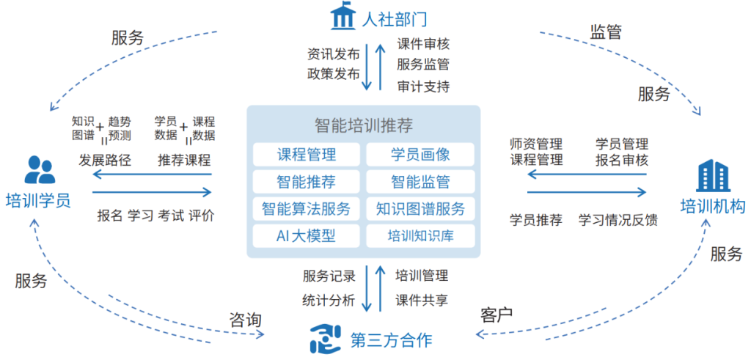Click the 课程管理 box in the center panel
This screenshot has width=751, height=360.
(307, 154)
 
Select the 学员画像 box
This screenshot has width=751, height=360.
(420, 154)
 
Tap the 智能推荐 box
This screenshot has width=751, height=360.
(307, 181)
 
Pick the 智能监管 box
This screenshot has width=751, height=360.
(420, 181)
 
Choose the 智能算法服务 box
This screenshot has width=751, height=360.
(307, 208)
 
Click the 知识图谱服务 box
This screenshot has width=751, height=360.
(420, 208)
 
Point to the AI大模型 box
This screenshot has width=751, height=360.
(307, 235)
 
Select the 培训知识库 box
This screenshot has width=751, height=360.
(420, 235)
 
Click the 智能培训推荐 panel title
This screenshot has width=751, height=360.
(363, 125)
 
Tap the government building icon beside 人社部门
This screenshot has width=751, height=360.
(342, 18)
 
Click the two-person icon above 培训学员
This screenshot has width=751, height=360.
(40, 170)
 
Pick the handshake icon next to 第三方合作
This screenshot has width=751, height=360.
(323, 339)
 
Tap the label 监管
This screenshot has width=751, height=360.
(606, 32)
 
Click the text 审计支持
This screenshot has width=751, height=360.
(423, 87)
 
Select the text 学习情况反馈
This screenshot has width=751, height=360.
(618, 220)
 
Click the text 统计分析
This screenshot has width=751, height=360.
(329, 300)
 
